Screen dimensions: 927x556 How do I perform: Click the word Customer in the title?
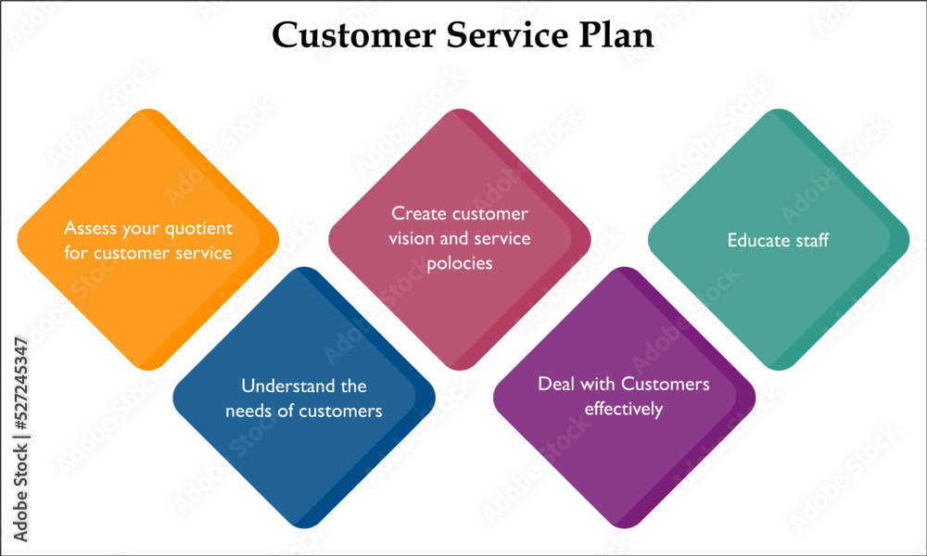coord(353,35)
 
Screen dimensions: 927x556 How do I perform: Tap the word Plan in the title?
coord(616,35)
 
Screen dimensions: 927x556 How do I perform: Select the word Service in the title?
coord(507,35)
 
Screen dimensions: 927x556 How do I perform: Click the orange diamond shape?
coord(147,239)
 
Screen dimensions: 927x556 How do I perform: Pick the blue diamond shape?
coord(304,398)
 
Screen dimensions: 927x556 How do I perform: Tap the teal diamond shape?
coord(779,239)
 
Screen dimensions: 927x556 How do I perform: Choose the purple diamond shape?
coord(624,398)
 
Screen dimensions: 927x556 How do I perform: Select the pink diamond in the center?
coord(460,239)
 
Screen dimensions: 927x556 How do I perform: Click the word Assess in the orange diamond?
coord(90,228)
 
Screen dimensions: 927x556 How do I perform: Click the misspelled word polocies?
coord(460,263)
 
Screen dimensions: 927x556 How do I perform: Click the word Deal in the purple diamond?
coord(555,384)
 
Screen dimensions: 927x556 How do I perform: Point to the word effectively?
coord(624,409)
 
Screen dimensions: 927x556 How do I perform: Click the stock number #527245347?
coord(20,383)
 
